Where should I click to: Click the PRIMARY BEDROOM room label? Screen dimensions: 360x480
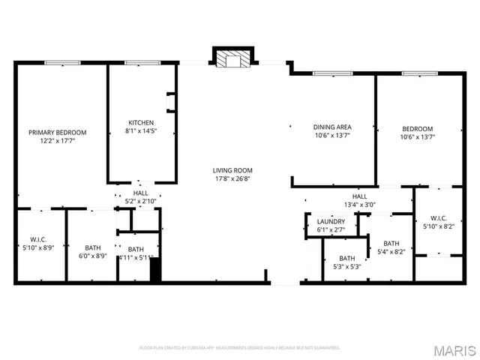(58, 132)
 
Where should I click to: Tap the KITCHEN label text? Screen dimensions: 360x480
(141, 122)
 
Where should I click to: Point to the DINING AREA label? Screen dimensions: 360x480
(332, 127)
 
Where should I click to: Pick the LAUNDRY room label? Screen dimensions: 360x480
(331, 221)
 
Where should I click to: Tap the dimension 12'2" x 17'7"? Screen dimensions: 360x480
(58, 141)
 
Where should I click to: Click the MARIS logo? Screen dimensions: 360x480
(454, 349)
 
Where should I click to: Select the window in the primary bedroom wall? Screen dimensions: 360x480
(62, 63)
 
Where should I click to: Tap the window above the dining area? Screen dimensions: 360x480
(332, 73)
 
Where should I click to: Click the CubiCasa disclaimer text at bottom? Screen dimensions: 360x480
(240, 348)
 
